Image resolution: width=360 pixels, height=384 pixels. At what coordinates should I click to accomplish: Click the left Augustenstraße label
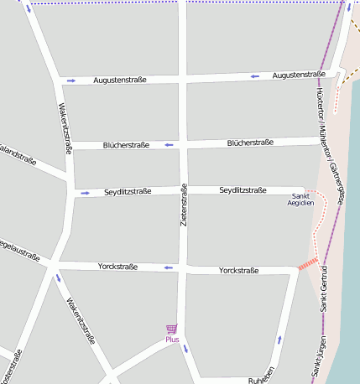coord(120,80)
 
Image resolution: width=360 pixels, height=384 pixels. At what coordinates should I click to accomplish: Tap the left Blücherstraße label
coord(126,145)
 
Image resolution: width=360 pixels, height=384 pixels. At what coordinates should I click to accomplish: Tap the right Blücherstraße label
coord(250,143)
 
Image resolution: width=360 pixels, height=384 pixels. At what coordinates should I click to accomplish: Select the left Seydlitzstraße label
coord(128,192)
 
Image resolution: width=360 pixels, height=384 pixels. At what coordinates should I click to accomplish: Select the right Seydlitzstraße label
coord(243,190)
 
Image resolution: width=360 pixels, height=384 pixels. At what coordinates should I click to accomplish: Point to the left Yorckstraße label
coord(117,267)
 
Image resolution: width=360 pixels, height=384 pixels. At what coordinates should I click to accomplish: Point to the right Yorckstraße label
coord(238,271)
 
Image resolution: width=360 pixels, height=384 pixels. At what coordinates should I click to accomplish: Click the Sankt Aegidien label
coord(300,199)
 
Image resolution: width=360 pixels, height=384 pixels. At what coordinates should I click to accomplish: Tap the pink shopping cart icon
coord(172,329)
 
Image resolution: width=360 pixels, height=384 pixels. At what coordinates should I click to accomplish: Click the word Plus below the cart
coord(172,340)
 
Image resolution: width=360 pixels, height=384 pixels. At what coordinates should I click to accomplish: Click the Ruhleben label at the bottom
coord(262,380)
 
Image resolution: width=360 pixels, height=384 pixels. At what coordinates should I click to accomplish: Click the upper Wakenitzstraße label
coord(64,128)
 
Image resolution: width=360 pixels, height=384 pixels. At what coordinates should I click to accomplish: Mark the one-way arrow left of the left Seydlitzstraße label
coord(85,194)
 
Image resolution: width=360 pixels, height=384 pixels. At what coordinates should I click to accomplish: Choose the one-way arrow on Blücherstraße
coord(169,145)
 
